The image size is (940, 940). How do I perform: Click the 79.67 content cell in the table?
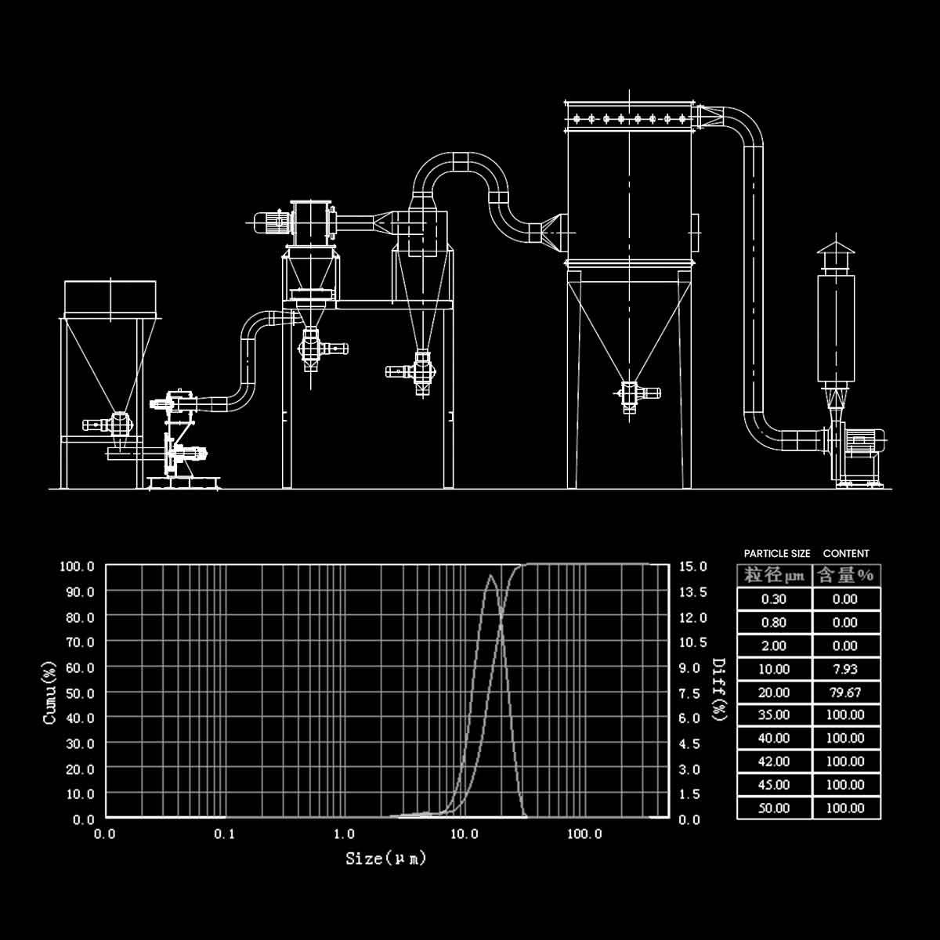(x=845, y=692)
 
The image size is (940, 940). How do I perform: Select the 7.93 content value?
(x=845, y=669)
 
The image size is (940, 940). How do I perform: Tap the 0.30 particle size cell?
(x=774, y=599)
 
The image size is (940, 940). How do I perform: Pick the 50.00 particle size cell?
(x=774, y=808)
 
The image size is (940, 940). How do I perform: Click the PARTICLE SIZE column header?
(x=777, y=554)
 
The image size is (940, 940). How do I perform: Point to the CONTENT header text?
(x=846, y=554)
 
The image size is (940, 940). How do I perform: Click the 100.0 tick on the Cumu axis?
(x=78, y=566)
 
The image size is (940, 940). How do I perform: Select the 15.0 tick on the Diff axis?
(x=692, y=566)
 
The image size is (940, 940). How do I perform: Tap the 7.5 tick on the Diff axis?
(x=689, y=693)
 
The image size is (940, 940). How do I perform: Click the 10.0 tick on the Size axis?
(x=464, y=834)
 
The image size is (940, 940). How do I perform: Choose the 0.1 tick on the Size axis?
(x=225, y=834)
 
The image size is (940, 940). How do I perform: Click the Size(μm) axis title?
(x=386, y=859)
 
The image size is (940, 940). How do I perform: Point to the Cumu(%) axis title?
(x=50, y=692)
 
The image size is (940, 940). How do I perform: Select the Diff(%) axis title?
(x=718, y=690)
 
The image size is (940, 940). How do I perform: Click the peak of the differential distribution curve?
(x=491, y=576)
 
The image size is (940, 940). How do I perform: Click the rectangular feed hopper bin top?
(x=110, y=297)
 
